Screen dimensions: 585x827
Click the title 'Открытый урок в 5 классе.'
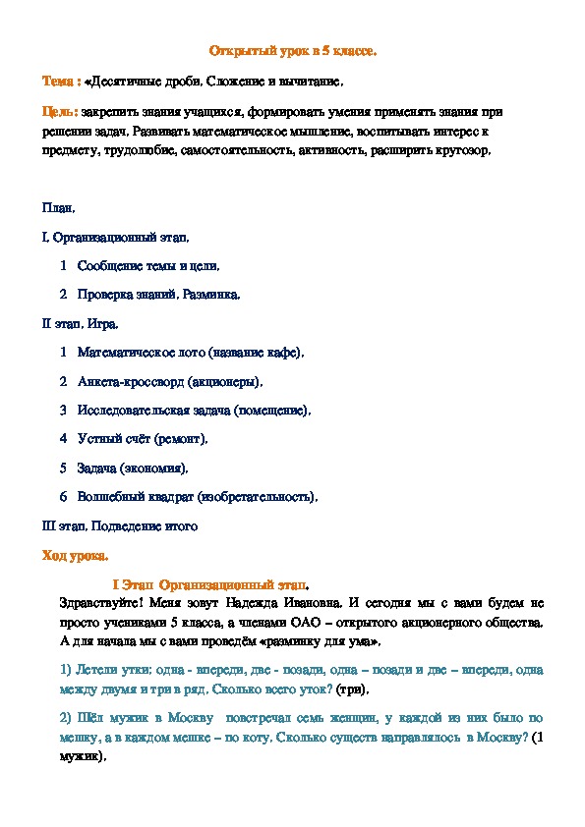click(294, 49)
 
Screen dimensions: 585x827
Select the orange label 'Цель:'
click(59, 110)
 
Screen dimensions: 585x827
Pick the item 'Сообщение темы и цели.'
click(147, 265)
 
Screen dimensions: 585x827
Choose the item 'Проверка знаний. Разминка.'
click(157, 294)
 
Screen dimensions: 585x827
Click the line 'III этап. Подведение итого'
click(119, 525)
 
